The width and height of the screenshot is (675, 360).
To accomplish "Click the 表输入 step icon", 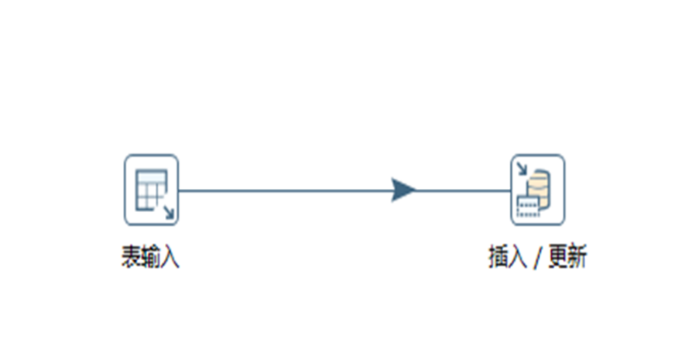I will point(151,190).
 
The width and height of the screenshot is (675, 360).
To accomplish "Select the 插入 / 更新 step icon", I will point(536,190).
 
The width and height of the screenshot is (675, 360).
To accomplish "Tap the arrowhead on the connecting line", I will point(403,190).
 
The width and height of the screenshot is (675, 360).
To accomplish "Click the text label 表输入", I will point(150,257).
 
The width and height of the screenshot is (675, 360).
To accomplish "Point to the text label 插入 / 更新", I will point(536,257).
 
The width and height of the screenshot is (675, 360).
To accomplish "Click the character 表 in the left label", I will point(131,257).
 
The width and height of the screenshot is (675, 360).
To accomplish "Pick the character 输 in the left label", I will point(150,257).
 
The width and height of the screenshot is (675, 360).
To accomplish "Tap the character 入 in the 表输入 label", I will point(170,257).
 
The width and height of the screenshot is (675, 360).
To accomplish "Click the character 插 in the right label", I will point(498,257).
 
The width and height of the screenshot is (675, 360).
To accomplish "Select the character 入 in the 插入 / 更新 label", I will point(517,257).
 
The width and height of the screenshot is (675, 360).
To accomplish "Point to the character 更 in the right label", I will point(557,257).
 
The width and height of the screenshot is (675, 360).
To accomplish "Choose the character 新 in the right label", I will point(577,257).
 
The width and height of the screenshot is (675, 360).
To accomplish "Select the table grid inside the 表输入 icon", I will point(149,188).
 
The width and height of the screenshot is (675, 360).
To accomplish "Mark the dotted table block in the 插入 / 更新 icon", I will point(527,207).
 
